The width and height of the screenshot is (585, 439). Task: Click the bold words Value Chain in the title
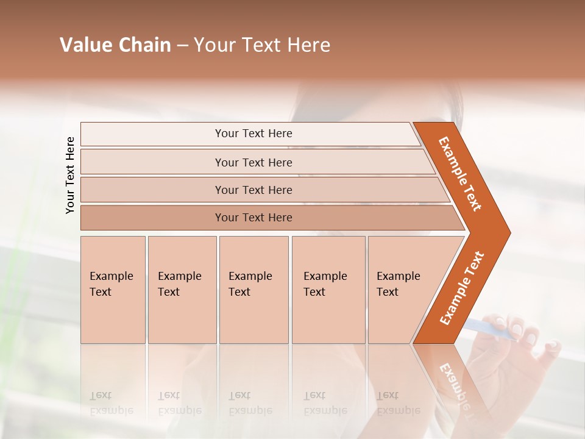click(x=115, y=45)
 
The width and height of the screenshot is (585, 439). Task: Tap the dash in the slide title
click(x=182, y=46)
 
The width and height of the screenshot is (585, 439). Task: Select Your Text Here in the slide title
click(x=262, y=45)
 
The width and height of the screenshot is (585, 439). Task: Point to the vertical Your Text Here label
click(x=70, y=175)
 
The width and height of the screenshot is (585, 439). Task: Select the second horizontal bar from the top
click(x=253, y=162)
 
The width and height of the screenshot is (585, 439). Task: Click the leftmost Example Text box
click(x=113, y=289)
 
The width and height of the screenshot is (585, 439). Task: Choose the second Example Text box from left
click(x=182, y=289)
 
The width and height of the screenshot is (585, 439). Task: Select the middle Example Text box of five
click(x=253, y=289)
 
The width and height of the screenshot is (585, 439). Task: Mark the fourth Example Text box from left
click(x=328, y=289)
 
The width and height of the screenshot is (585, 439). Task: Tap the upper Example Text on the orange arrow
click(x=460, y=174)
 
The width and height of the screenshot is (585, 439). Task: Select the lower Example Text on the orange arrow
click(x=462, y=288)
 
